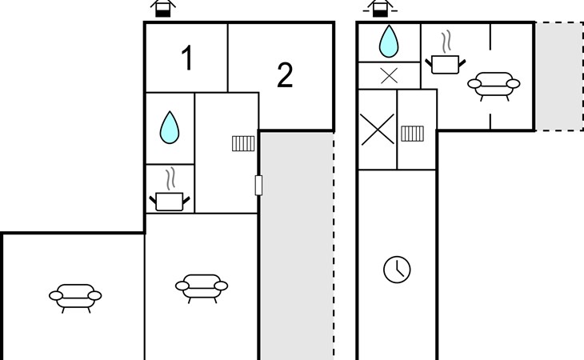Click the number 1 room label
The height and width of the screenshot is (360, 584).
coord(187,58)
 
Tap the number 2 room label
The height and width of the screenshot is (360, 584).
coord(285,75)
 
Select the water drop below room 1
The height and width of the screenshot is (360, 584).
coord(170,127)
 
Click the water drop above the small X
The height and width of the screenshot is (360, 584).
coord(389,42)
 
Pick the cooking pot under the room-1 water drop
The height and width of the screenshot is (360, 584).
coord(170,202)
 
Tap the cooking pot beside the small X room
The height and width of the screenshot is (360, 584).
coord(446,65)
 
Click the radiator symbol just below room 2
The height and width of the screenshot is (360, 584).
coord(243,143)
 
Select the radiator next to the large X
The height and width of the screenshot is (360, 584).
coord(412,134)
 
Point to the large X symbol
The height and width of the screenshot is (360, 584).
coord(378,129)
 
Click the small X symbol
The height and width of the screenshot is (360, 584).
coord(390,76)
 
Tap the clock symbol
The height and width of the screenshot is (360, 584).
coord(397,270)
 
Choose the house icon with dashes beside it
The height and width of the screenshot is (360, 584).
coord(380,9)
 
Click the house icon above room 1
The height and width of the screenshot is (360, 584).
coord(162,9)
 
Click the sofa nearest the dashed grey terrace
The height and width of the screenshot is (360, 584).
coord(494,86)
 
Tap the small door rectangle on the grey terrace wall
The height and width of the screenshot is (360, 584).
coord(258,185)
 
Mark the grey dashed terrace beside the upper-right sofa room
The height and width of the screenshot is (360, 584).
coord(559,76)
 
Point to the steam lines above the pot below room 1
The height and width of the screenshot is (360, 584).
coord(170,178)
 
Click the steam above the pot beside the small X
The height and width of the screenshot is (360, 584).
coord(446,42)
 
